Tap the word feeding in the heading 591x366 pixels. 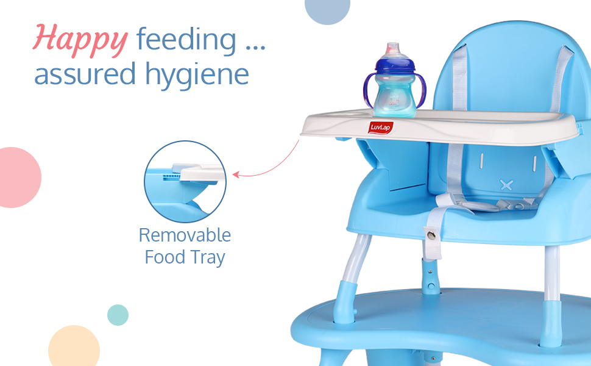[x=186, y=39]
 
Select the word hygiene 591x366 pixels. [x=197, y=74]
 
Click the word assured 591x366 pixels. [x=85, y=74]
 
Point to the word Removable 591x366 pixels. [x=185, y=235]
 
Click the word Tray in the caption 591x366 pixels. [x=207, y=257]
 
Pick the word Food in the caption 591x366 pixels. [x=165, y=257]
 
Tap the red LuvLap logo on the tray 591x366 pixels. [x=381, y=127]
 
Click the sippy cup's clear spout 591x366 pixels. [x=393, y=49]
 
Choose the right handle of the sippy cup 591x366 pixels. [x=420, y=91]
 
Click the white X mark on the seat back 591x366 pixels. [x=506, y=185]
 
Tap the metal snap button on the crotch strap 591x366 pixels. [x=431, y=235]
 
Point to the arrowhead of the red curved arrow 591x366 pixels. [x=236, y=174]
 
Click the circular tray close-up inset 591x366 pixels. [x=185, y=182]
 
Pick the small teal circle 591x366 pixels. [x=118, y=315]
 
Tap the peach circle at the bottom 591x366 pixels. [x=74, y=346]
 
